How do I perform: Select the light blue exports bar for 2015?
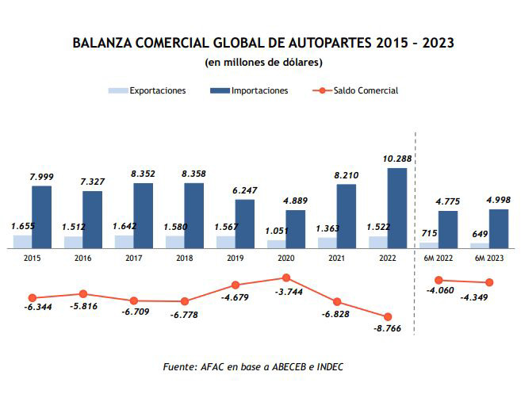coord(22,241)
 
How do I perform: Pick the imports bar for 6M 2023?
coord(499,228)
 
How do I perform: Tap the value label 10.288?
coord(396,159)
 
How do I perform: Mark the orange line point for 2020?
coord(286,278)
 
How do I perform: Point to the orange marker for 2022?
coord(388,316)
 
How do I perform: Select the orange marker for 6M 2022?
coord(439,280)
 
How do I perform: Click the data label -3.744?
coord(285,292)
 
